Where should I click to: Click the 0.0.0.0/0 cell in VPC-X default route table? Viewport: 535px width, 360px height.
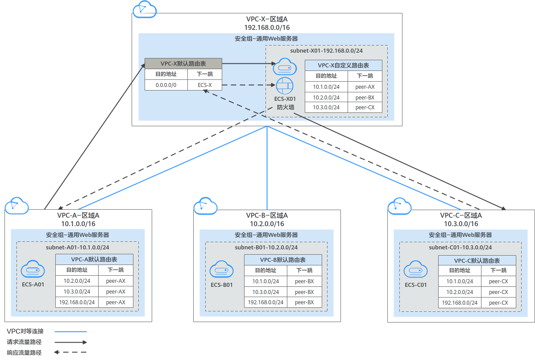tap(166, 85)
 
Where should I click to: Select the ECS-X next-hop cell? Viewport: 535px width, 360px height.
tap(205, 85)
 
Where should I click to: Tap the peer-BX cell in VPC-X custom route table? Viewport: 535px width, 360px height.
tap(365, 97)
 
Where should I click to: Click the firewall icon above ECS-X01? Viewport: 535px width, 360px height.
tap(285, 85)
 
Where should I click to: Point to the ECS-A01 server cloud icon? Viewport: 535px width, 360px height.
tap(33, 269)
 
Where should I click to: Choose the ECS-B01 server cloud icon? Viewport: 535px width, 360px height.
tap(222, 269)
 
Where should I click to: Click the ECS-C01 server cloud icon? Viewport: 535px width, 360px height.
tap(416, 269)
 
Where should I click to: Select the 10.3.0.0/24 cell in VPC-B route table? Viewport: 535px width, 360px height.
tap(265, 292)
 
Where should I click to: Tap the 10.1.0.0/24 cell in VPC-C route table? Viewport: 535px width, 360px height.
tap(460, 281)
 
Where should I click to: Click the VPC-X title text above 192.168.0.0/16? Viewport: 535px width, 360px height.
tap(267, 19)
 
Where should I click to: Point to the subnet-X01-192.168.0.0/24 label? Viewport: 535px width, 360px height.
tap(326, 51)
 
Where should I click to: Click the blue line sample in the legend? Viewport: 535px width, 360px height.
tap(71, 331)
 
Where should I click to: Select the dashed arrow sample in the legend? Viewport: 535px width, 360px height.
tap(71, 352)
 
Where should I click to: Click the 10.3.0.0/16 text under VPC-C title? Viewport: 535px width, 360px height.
tap(461, 224)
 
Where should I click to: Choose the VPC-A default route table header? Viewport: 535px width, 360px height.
tap(94, 260)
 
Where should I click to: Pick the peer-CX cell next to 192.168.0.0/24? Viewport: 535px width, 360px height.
tap(498, 302)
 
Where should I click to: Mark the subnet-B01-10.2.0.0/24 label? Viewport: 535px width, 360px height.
tap(266, 247)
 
